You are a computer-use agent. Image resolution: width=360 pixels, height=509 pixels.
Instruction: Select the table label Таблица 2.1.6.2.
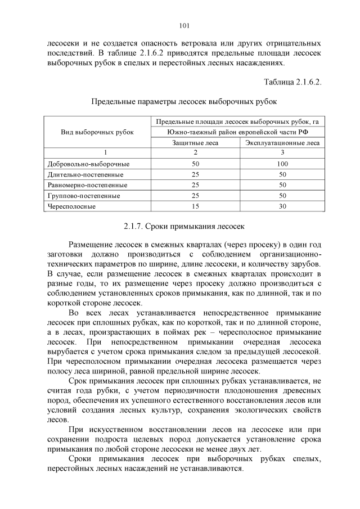point(292,82)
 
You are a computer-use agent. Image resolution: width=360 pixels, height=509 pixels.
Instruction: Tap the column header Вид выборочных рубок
point(97,132)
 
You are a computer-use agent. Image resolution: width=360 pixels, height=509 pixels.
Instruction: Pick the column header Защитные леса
point(195,143)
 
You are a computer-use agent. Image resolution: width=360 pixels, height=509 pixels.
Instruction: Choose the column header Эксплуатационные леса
point(282,143)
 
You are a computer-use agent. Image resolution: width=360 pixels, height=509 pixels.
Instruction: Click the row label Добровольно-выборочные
point(89,164)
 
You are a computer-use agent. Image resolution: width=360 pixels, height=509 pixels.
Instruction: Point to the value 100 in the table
point(282,164)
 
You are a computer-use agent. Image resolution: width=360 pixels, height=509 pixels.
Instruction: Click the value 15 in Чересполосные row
point(195,206)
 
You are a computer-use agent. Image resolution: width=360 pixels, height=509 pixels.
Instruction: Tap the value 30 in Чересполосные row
point(282,206)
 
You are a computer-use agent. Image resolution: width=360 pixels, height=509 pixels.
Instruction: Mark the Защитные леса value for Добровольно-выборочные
point(195,164)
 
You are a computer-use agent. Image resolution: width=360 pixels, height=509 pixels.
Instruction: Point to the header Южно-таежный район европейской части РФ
point(238,132)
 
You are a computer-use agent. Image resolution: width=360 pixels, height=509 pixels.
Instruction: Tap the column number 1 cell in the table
point(97,153)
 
